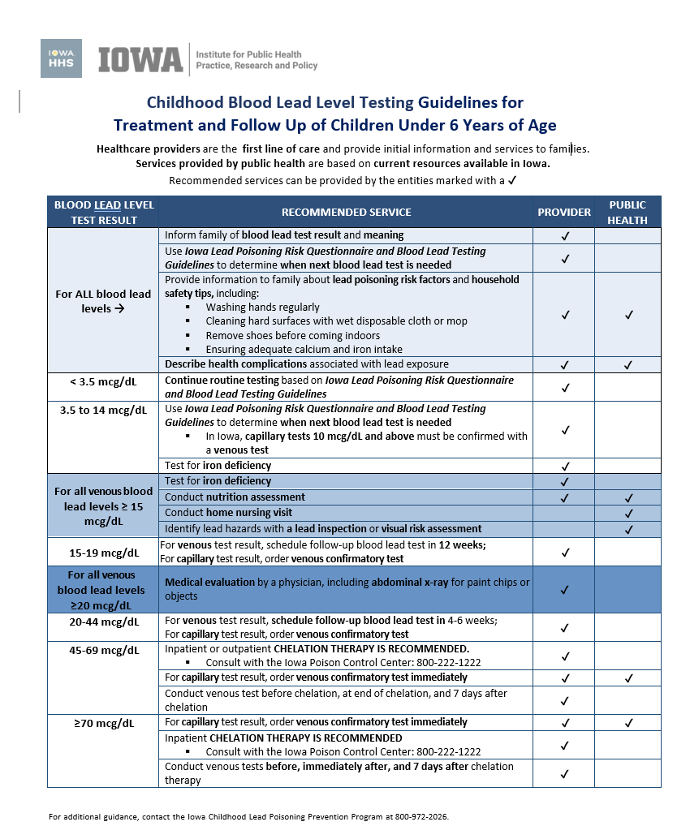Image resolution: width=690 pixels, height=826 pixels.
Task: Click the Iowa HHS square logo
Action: click(x=61, y=58)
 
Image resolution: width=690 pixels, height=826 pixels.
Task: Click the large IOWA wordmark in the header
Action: click(x=140, y=59)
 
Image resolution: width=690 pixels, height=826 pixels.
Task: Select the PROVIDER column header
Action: click(x=564, y=212)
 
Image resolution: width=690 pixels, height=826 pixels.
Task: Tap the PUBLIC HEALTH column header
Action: click(x=628, y=212)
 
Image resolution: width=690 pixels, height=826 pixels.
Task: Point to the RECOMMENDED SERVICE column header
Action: click(x=347, y=212)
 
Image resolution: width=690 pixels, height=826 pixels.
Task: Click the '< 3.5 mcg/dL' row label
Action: click(x=103, y=381)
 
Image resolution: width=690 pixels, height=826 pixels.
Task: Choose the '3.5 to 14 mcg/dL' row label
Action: click(x=103, y=410)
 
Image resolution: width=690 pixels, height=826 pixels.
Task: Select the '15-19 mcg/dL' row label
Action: click(x=103, y=553)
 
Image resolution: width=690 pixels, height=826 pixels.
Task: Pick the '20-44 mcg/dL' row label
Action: click(x=103, y=622)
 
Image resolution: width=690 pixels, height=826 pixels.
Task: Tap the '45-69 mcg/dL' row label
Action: click(x=103, y=650)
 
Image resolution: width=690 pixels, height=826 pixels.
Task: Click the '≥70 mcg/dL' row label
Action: click(x=103, y=723)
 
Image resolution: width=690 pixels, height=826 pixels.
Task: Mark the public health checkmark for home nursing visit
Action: click(x=628, y=513)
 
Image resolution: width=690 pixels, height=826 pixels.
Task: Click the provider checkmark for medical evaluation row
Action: click(x=565, y=590)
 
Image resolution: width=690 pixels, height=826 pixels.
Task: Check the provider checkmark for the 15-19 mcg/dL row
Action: click(x=565, y=553)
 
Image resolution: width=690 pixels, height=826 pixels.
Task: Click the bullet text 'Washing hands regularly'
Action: click(x=263, y=308)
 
